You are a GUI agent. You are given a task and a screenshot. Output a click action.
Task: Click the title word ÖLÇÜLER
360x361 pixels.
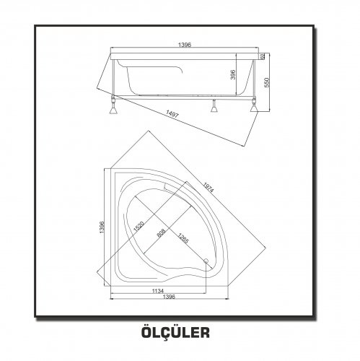(x=175, y=332)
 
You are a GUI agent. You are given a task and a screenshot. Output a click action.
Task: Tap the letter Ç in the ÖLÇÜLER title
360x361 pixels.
(x=164, y=333)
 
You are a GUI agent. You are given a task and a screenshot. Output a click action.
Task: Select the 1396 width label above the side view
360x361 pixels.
(x=185, y=45)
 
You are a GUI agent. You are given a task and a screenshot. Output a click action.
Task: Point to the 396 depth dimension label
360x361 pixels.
(x=232, y=74)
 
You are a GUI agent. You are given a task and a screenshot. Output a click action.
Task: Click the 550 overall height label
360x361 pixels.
(x=267, y=82)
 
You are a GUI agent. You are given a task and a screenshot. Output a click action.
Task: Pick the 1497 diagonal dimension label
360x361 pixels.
(x=172, y=113)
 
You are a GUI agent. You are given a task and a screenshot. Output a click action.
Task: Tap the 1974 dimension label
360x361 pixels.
(x=208, y=188)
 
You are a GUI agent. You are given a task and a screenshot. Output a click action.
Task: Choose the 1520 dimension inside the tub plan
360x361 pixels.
(x=139, y=226)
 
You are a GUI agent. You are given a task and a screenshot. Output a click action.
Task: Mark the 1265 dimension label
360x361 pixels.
(x=183, y=238)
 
